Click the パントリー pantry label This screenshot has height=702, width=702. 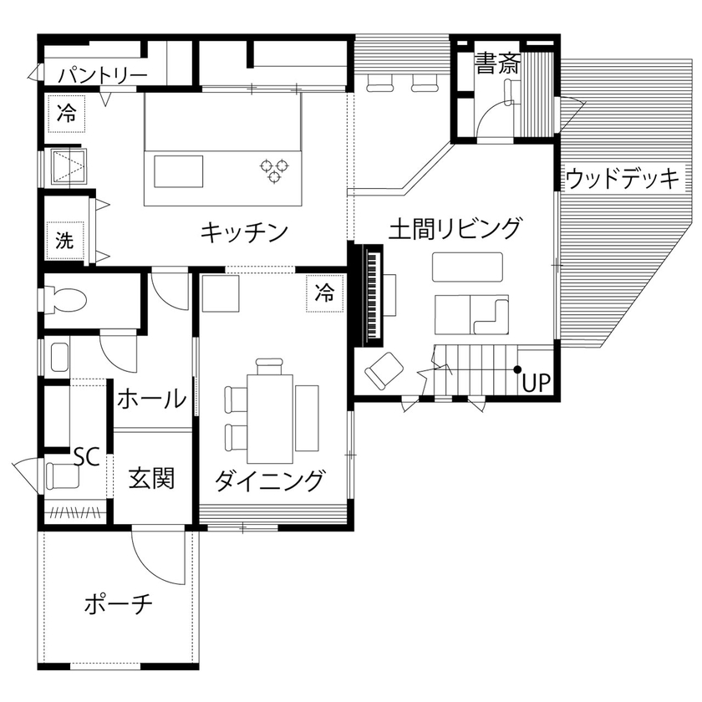point(102,76)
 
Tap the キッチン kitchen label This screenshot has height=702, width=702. point(244,231)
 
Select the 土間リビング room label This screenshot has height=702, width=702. point(455,227)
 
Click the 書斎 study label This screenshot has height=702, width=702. point(496,64)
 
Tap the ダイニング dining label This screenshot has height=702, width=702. point(269,481)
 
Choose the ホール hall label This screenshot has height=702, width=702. point(151,399)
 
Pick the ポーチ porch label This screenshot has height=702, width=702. point(119,603)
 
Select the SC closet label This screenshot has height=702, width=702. point(86,456)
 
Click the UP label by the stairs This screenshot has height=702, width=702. point(536,384)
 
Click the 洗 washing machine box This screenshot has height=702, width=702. point(65,241)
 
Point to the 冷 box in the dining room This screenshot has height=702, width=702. point(325,292)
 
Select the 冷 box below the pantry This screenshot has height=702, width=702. point(66,114)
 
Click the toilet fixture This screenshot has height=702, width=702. point(66,298)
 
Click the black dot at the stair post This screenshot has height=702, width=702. point(518,369)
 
